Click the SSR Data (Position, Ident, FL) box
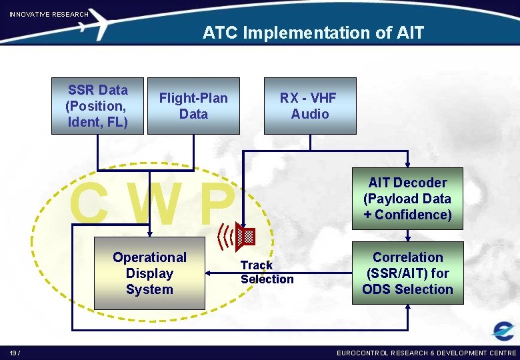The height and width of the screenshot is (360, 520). pyautogui.click(x=97, y=106)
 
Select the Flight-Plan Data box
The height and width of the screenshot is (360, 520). pyautogui.click(x=193, y=106)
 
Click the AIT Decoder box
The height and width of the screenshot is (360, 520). pyautogui.click(x=407, y=198)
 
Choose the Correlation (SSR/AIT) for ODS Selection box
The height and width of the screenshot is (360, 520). pyautogui.click(x=407, y=273)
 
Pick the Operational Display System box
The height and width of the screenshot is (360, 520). pyautogui.click(x=149, y=273)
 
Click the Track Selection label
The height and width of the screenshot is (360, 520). pyautogui.click(x=267, y=272)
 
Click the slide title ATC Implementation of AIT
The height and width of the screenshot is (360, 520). pyautogui.click(x=313, y=33)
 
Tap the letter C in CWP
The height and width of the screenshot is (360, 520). pyautogui.click(x=91, y=204)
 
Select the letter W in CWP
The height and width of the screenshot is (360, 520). pyautogui.click(x=155, y=204)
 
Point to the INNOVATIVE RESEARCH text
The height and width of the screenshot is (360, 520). pyautogui.click(x=49, y=14)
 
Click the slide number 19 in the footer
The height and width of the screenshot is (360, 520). pyautogui.click(x=14, y=353)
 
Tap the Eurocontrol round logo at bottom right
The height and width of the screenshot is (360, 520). pyautogui.click(x=503, y=331)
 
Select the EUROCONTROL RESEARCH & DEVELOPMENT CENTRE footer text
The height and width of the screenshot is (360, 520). pyautogui.click(x=426, y=353)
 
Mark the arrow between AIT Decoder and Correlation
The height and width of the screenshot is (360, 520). pyautogui.click(x=407, y=234)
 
